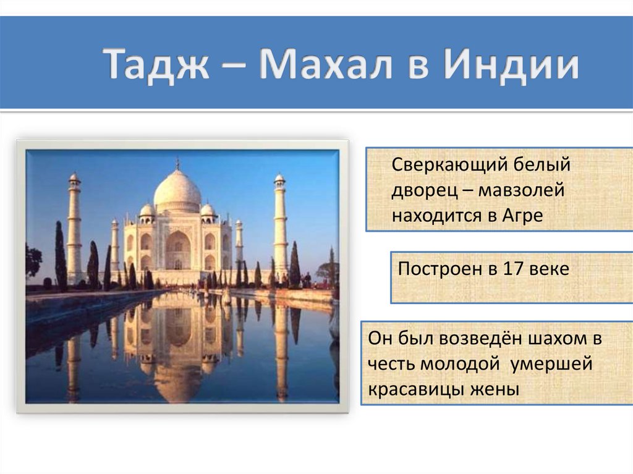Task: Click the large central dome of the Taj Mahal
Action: click(x=177, y=188)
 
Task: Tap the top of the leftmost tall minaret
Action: click(x=74, y=179)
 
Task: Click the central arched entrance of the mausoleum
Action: click(x=178, y=251)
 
